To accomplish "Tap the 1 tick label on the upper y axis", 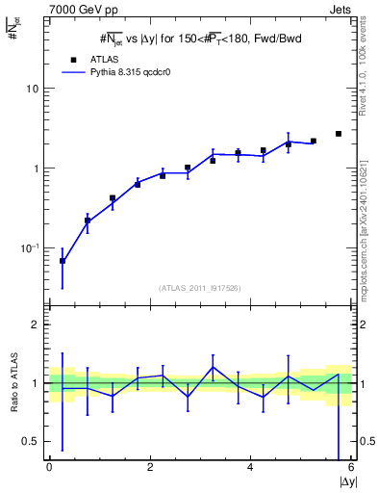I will coord(36,169).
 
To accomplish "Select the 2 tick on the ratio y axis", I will coord(36,324).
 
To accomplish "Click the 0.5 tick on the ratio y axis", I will coord(32,441).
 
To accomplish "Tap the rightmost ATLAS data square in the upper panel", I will coord(339,134).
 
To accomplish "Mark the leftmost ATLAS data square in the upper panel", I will coord(63,261).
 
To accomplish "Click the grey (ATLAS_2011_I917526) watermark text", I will coord(200,287).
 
